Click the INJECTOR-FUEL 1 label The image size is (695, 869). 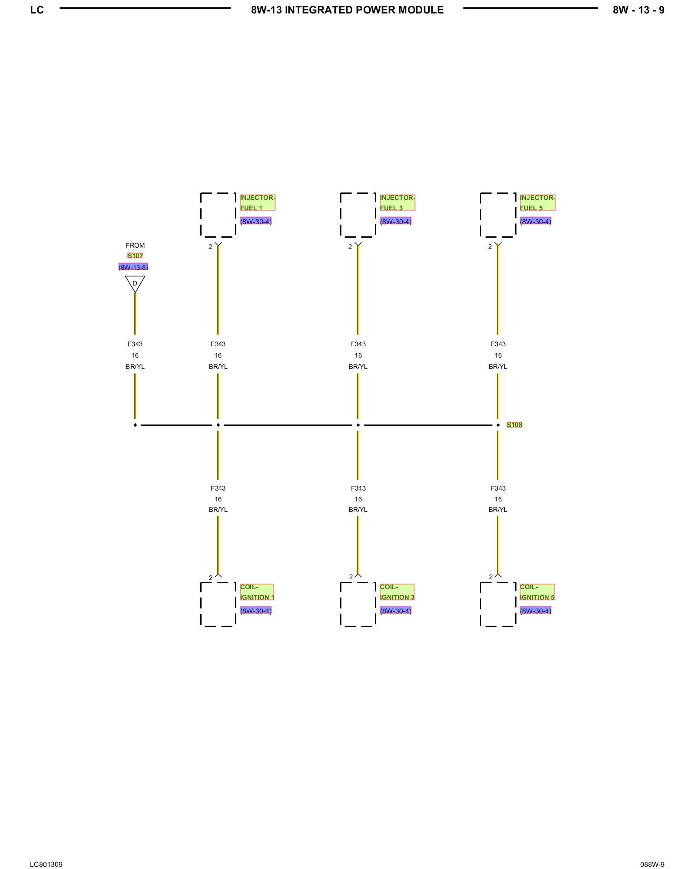tap(257, 202)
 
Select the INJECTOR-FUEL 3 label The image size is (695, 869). tap(397, 202)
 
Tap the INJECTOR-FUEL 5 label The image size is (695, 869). tap(537, 202)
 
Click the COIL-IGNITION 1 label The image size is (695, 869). tap(257, 592)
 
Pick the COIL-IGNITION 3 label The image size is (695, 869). tap(397, 592)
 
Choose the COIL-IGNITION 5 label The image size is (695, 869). tap(537, 592)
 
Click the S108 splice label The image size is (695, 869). tap(514, 425)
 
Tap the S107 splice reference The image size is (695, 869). tap(135, 256)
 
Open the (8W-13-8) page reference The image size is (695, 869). tap(133, 267)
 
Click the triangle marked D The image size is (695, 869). tap(135, 283)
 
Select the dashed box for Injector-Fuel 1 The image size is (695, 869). tap(218, 215)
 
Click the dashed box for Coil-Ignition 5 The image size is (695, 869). tap(498, 604)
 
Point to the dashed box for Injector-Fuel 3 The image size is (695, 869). tap(358, 215)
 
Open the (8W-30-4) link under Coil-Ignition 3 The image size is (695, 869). tap(396, 611)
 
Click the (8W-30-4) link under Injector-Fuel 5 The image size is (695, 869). tap(536, 222)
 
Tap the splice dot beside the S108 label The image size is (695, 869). tap(498, 425)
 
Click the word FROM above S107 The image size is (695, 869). tap(135, 245)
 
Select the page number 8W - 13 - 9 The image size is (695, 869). tap(639, 10)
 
